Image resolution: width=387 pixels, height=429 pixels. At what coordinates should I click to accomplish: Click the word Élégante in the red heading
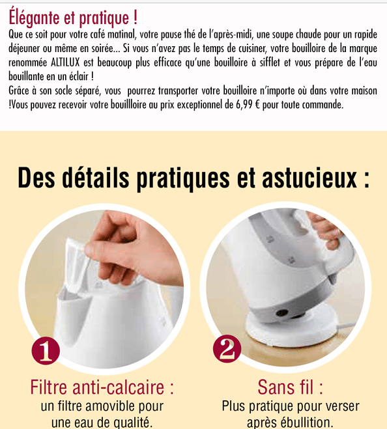click(x=34, y=17)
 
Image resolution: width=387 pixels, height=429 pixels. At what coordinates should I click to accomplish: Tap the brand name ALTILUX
click(x=65, y=62)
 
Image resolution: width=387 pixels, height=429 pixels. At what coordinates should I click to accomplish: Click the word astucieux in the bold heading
click(x=309, y=178)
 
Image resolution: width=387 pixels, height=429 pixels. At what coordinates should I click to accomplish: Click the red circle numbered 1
click(x=46, y=350)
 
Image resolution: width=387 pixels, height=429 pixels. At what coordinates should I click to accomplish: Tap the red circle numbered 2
click(x=227, y=349)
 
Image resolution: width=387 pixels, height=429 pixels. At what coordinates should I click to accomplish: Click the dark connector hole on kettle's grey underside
click(x=282, y=312)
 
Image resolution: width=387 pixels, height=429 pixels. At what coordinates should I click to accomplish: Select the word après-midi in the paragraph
click(x=231, y=35)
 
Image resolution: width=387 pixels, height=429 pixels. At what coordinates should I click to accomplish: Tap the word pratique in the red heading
click(x=104, y=18)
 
